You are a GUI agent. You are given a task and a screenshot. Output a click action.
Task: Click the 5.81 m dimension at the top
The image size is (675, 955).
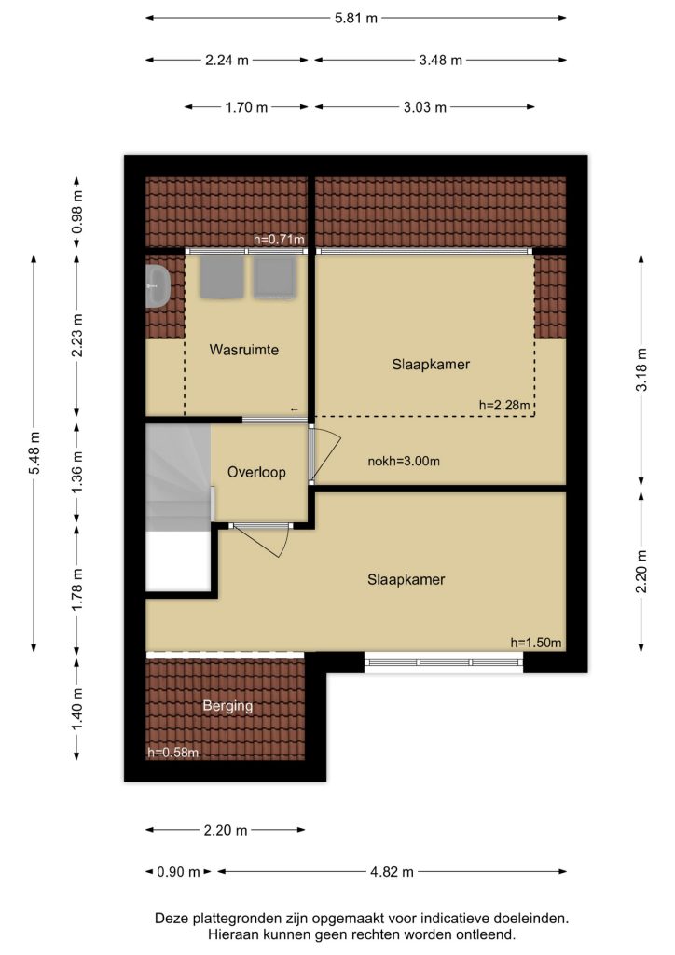pos(356,19)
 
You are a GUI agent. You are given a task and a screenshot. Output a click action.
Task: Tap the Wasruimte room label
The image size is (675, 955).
pos(244,350)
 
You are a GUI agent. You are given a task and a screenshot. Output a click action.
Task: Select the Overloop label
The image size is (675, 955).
pos(256,472)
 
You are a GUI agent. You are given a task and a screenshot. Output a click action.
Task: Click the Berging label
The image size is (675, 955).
pos(227,706)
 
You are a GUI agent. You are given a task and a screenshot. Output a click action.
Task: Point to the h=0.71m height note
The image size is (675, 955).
pos(279,240)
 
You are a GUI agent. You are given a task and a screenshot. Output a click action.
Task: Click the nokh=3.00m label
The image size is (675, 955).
pos(404,461)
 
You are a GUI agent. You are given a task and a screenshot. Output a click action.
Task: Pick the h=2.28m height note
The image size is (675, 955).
pos(504,405)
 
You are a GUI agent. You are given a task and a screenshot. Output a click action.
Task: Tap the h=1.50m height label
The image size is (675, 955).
pos(535,642)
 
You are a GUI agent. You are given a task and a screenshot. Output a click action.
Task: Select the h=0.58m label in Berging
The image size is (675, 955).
pos(172,753)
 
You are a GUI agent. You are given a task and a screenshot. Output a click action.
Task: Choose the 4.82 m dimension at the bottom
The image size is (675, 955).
pos(392,872)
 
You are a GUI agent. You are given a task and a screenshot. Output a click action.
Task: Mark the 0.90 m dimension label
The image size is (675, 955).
pos(178,872)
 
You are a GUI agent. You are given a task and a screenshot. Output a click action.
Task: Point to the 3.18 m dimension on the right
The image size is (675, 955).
pos(641,370)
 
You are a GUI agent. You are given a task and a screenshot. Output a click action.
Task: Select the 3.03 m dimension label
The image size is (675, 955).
pos(425,108)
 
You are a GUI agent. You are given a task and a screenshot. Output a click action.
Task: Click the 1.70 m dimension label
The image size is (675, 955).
pos(246,108)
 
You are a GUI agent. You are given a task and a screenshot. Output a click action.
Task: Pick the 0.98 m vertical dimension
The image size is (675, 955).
pos(76,212)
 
